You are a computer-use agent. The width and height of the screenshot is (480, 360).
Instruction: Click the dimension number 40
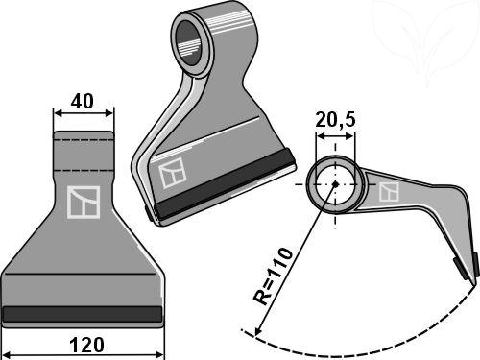coord(83,102)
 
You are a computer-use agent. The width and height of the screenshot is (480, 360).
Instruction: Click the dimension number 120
coord(86,346)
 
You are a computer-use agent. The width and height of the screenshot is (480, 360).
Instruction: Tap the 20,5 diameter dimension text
coord(335,120)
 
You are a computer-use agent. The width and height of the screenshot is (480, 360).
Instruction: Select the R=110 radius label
coord(273,276)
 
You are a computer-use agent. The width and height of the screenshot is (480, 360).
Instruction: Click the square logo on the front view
coord(84,203)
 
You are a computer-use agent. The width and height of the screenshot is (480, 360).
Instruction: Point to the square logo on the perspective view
coord(173,173)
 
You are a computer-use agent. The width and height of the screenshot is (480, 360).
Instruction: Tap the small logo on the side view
coord(389,192)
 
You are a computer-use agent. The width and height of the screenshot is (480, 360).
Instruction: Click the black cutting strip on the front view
coord(83,314)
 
